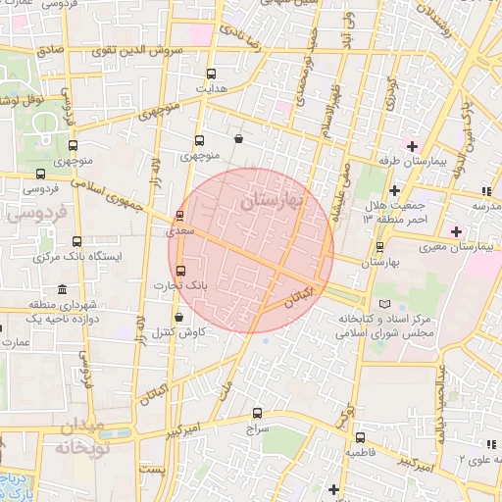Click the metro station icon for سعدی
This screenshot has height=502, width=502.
179,215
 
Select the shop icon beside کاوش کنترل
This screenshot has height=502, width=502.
177,318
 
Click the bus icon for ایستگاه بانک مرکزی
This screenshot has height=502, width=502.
76,240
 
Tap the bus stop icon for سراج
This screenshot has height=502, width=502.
258,413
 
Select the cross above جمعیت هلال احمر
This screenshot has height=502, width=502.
394,190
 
